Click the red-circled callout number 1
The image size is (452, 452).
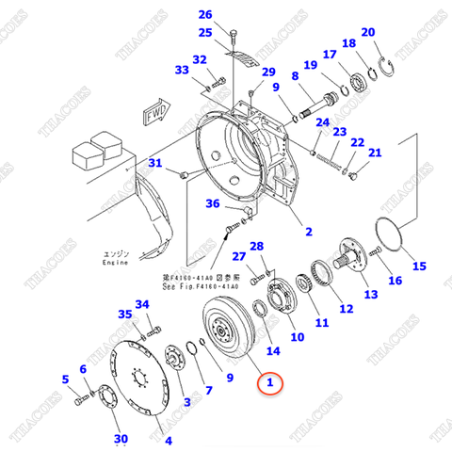(269, 382)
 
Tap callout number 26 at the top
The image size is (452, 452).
(204, 15)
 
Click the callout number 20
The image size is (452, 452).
(368, 33)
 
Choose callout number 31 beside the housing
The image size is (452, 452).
(156, 164)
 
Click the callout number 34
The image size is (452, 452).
(142, 304)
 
